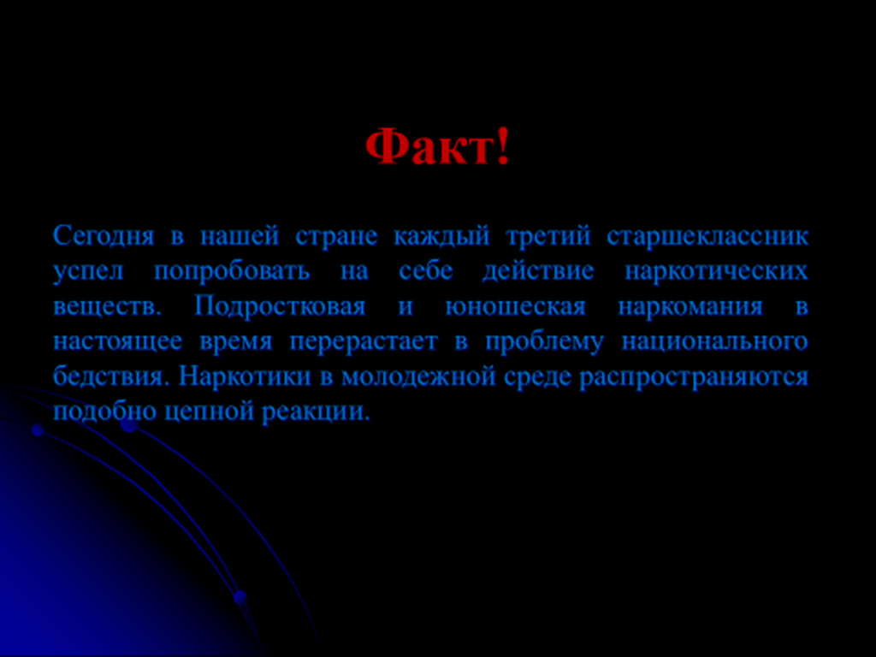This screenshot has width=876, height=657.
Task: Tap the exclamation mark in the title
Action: [503, 145]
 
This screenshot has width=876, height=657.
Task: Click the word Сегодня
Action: [104, 237]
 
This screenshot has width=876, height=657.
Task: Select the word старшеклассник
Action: [707, 237]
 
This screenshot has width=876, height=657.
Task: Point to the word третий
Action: [548, 237]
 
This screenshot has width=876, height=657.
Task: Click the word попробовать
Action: [232, 272]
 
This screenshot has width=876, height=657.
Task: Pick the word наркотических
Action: [716, 272]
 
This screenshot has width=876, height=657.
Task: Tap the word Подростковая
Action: [280, 307]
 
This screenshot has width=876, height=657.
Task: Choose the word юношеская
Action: [515, 307]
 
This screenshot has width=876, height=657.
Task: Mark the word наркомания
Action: [690, 307]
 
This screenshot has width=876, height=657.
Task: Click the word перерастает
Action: [364, 342]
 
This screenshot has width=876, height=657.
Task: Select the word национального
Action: [715, 342]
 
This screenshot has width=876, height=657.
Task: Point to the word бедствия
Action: [110, 376]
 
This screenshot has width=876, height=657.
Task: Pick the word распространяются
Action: [694, 377]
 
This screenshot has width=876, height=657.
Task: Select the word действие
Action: [538, 272]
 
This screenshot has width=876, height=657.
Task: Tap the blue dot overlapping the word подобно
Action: [130, 424]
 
